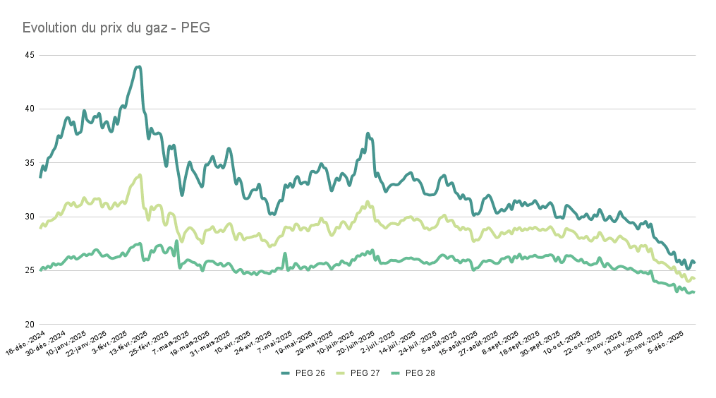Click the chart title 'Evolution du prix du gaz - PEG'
(x=116, y=28)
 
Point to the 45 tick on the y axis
(x=29, y=55)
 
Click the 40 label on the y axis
(x=29, y=109)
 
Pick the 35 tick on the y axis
(x=29, y=163)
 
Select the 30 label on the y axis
(x=29, y=217)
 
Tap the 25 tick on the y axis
(x=29, y=270)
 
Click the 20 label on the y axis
(x=29, y=325)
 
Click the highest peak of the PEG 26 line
(x=139, y=67)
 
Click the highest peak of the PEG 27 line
(x=140, y=175)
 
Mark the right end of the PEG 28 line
(x=694, y=292)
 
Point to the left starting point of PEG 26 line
(x=40, y=176)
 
